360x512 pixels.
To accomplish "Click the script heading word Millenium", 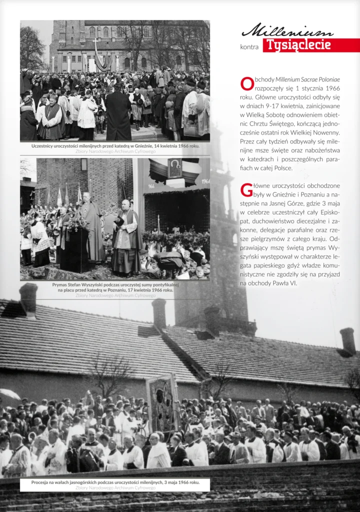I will coord(287,31).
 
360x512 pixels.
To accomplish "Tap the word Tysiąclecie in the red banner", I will coord(298,45).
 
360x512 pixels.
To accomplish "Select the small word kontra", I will coord(249,47).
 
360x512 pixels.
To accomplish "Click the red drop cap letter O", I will coord(246,83).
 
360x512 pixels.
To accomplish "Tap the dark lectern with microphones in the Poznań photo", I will coord(75,247).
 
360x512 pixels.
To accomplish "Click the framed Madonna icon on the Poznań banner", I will coord(174,168).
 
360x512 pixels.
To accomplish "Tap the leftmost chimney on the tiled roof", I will coord(28,298).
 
